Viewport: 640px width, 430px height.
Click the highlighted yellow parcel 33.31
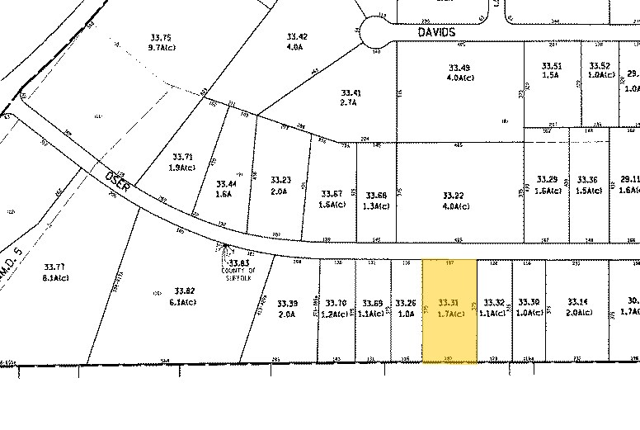(449, 312)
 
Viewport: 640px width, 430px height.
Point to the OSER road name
(117, 181)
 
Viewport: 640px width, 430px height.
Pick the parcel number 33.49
(459, 67)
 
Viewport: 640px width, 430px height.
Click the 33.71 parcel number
(182, 156)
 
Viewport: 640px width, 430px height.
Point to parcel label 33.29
(547, 178)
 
